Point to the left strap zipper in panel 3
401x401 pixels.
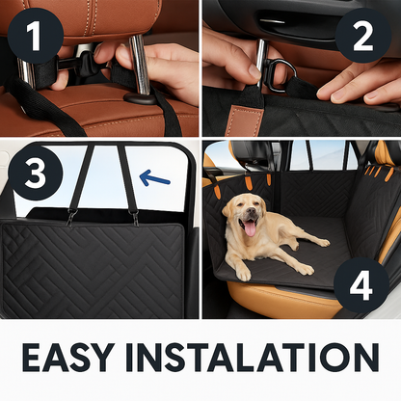click(70, 218)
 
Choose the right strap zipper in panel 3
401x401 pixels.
click(135, 218)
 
